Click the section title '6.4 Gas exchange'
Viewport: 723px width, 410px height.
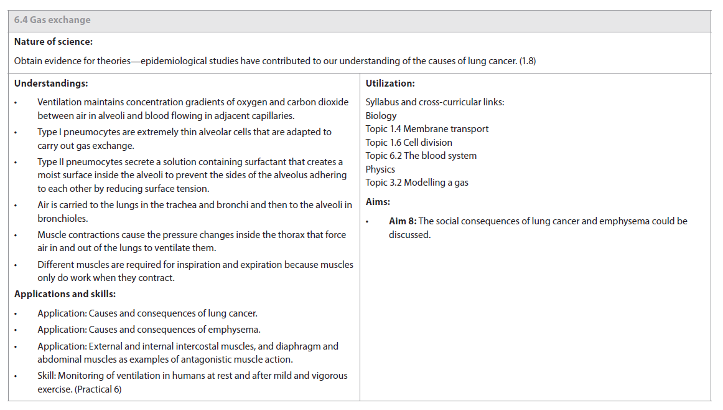(52, 20)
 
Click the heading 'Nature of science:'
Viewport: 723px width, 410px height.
(54, 42)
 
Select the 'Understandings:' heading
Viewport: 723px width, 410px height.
(51, 83)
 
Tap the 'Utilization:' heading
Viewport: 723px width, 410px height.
(390, 83)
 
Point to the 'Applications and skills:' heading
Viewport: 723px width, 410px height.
(65, 294)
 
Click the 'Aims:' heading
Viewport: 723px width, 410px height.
(378, 202)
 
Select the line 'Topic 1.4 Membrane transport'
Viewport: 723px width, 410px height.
(427, 129)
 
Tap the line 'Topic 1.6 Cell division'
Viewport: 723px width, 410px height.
(409, 143)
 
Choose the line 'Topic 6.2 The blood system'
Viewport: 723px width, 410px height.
(421, 156)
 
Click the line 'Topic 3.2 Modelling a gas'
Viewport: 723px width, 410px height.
(417, 183)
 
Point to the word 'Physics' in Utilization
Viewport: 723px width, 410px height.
(380, 169)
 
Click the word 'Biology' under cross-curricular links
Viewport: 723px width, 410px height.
(381, 116)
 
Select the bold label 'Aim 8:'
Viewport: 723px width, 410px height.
(403, 221)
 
